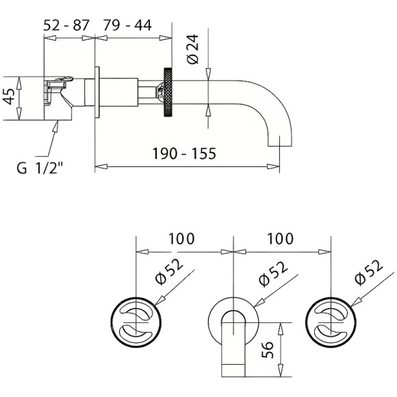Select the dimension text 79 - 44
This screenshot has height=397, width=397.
pyautogui.click(x=127, y=25)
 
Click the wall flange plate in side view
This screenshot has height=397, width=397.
pyautogui.click(x=98, y=93)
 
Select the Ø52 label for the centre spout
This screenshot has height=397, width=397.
pyautogui.click(x=273, y=274)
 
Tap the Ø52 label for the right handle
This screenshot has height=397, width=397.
pyautogui.click(x=369, y=274)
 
